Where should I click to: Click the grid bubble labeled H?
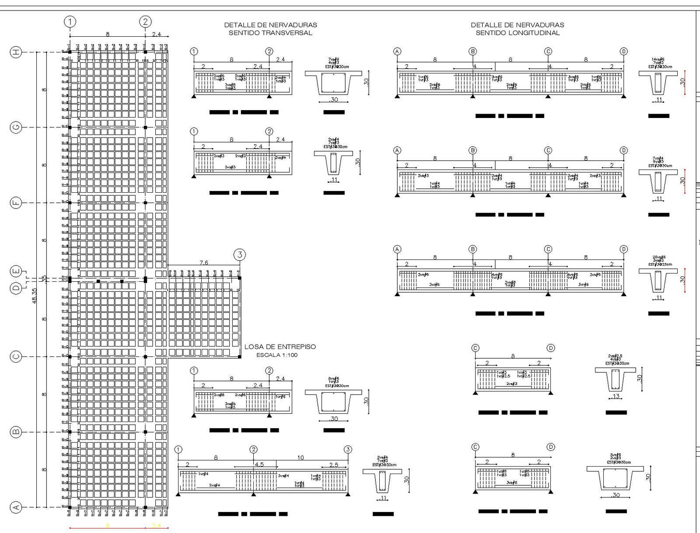(16, 52)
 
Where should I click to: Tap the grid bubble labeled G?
(16, 128)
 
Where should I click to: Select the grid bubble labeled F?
(16, 203)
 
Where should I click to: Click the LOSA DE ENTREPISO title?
(280, 347)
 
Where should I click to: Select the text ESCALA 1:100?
(277, 355)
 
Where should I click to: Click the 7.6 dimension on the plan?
(204, 263)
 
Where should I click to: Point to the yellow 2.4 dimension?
(157, 525)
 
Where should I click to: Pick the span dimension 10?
(300, 458)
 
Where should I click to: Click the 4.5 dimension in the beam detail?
(259, 464)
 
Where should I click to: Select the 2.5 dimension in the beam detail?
(333, 464)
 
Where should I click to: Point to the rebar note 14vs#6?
(658, 59)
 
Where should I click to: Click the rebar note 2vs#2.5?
(615, 356)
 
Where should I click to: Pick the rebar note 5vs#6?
(615, 455)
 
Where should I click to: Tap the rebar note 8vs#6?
(333, 379)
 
